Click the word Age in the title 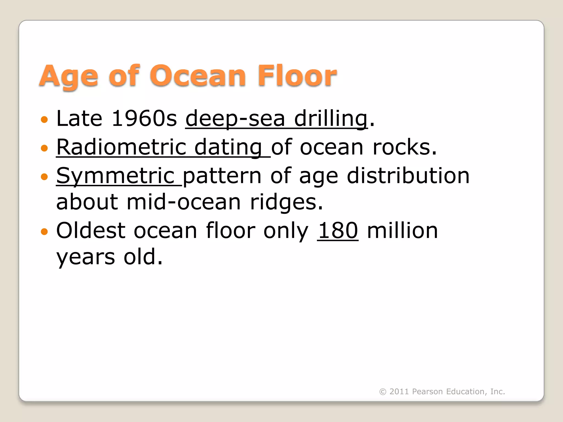pos(68,76)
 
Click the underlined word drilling pos(331,118)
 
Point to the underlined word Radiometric pos(121,147)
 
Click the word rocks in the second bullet pos(404,147)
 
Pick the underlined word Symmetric pos(115,176)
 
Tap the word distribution pos(408,176)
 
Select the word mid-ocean pos(184,202)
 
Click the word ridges pos(286,202)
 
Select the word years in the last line pos(85,257)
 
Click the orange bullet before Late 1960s pos(44,120)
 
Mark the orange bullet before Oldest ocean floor pos(44,232)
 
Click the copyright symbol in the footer pos(383,392)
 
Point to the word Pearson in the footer pos(427,392)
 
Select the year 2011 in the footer pos(399,392)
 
